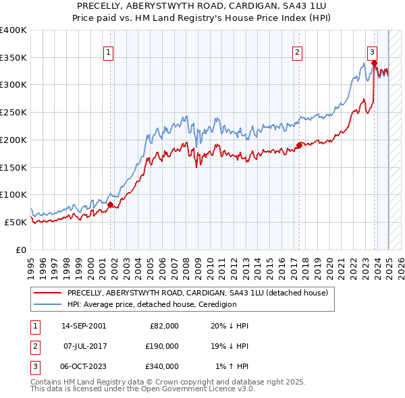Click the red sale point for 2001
click(110, 204)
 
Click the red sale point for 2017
click(299, 145)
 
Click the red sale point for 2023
click(374, 63)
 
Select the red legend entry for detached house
click(197, 293)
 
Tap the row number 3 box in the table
click(34, 366)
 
